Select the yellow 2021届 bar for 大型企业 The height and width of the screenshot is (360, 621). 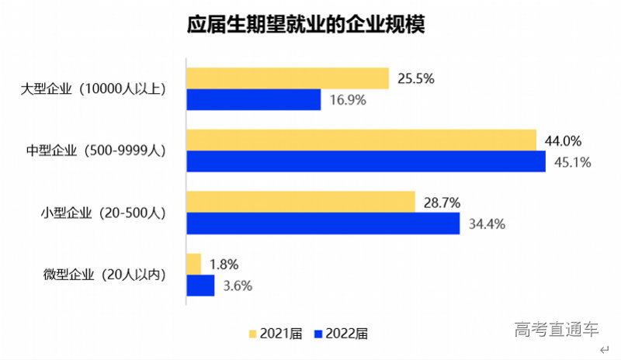(287, 78)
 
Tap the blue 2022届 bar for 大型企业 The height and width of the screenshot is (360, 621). (254, 99)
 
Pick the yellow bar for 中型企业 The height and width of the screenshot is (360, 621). (361, 140)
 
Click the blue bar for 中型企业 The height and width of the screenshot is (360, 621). (366, 161)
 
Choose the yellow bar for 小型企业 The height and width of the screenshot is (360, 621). (300, 202)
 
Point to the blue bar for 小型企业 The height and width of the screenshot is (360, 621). (323, 223)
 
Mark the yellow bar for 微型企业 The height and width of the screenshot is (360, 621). (194, 264)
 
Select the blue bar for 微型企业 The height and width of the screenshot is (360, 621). (200, 286)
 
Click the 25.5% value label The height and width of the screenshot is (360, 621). (415, 78)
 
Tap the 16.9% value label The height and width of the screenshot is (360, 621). (347, 100)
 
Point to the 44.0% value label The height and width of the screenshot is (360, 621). (564, 140)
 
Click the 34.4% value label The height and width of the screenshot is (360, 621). (487, 224)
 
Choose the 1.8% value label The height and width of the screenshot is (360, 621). (225, 265)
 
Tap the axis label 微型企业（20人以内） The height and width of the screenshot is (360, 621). (105, 275)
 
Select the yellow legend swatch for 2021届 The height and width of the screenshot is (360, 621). (252, 334)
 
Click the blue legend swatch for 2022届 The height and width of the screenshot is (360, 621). (319, 334)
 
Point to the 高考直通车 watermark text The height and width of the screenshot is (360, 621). (557, 329)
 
